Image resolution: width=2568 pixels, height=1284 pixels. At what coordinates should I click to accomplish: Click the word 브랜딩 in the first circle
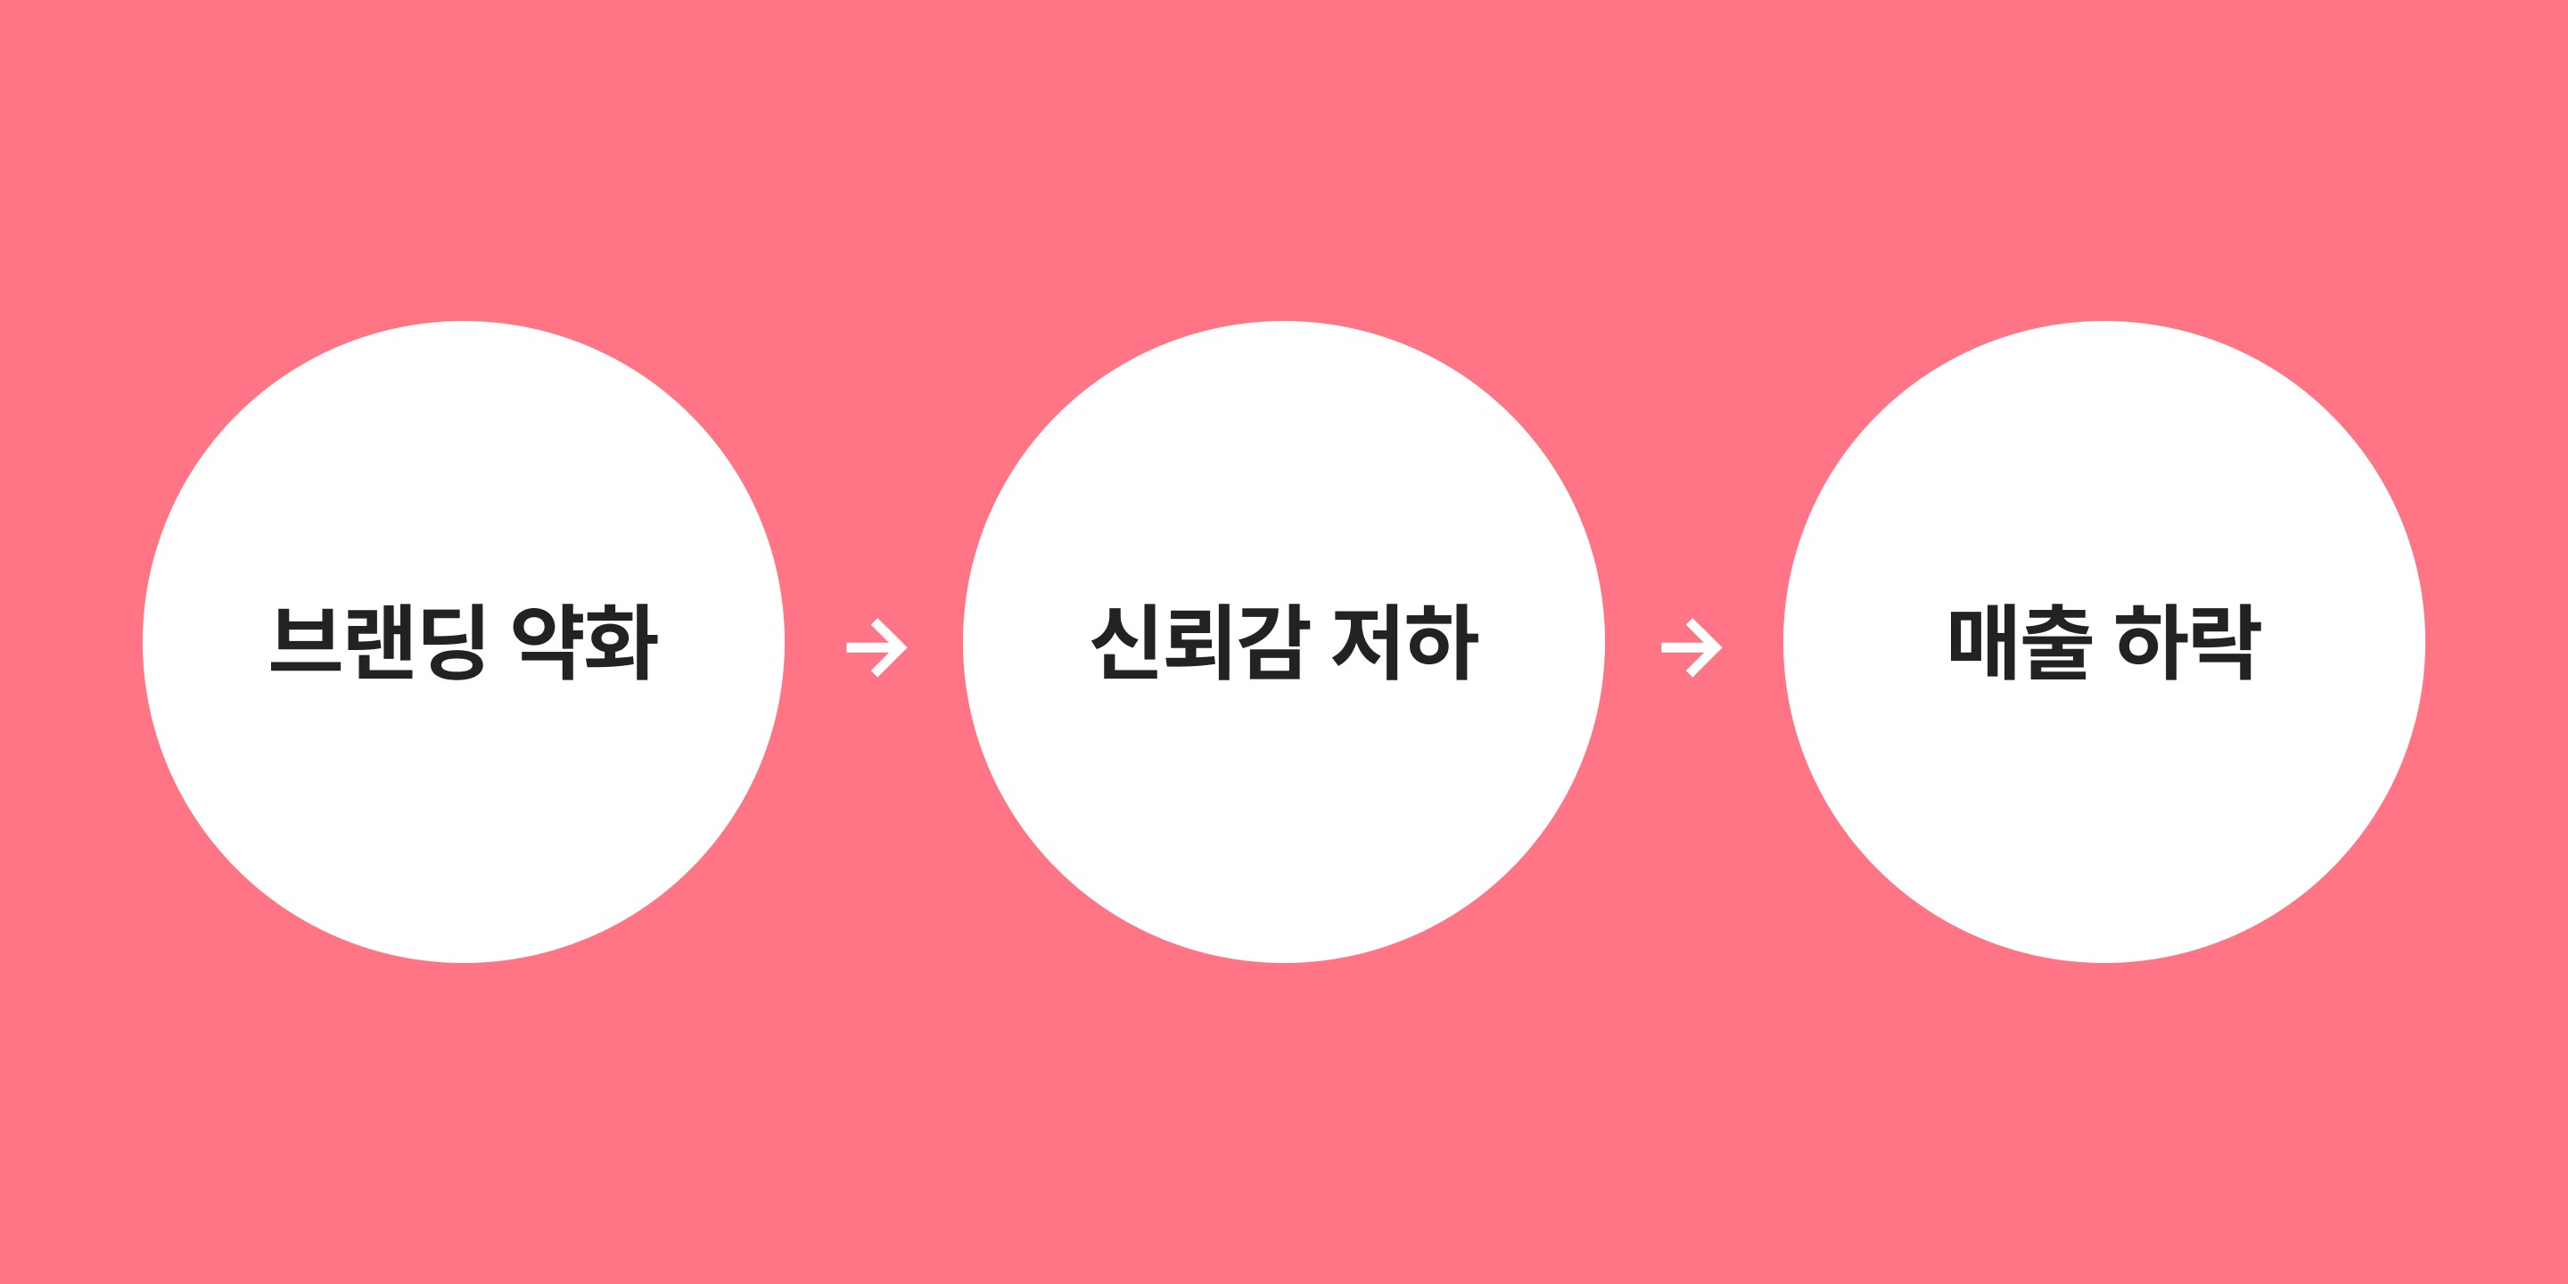(378, 643)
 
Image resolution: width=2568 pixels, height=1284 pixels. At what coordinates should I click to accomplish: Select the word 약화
(585, 643)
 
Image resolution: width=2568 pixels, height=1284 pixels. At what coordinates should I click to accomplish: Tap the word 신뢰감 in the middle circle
(1198, 643)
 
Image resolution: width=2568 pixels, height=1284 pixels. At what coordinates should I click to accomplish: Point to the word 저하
(1405, 643)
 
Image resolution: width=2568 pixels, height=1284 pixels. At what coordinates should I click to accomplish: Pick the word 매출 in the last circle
(2021, 643)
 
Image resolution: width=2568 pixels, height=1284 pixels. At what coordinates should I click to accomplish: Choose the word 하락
(2189, 643)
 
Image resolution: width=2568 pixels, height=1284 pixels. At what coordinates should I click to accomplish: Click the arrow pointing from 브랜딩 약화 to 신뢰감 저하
(877, 648)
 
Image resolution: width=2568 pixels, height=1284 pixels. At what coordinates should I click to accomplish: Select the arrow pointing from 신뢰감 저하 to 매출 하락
(1691, 648)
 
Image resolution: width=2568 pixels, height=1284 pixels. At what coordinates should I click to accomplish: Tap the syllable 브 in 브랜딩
(306, 643)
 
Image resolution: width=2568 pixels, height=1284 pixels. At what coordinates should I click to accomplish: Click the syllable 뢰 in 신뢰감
(1198, 643)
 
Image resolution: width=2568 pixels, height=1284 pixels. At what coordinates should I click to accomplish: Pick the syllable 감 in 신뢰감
(1270, 643)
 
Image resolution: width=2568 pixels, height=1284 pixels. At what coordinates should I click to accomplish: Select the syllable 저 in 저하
(1369, 643)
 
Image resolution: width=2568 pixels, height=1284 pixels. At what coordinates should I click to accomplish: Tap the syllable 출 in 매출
(2058, 643)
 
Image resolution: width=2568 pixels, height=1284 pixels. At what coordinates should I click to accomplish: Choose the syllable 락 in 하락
(2226, 643)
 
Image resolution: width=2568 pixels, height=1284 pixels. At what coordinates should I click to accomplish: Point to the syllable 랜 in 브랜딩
(379, 643)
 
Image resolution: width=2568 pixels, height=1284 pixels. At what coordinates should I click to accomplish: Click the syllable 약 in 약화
(548, 643)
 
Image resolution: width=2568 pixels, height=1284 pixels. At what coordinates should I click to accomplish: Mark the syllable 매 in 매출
(1985, 643)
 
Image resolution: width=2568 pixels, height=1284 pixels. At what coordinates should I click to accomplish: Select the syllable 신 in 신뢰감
(1126, 643)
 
